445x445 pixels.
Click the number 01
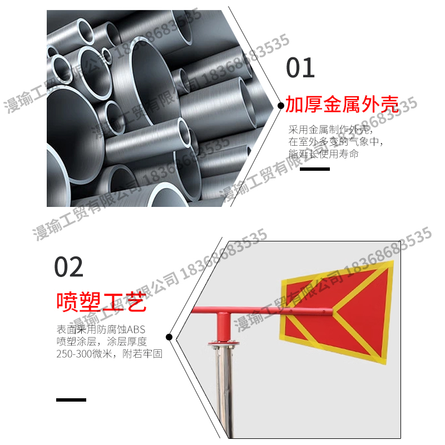point(300,68)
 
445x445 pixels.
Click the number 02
point(69,267)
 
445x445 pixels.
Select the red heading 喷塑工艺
point(101,302)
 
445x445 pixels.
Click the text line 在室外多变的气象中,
point(335,142)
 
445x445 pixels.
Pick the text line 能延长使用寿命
point(323,154)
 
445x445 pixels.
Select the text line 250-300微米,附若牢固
point(109,354)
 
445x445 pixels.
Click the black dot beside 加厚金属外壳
point(281,105)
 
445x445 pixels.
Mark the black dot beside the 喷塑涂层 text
point(169,337)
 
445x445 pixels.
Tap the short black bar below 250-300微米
point(71,399)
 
